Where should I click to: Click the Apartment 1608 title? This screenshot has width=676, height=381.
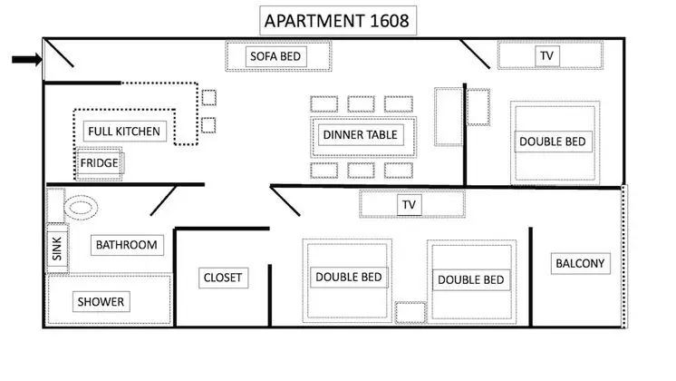coord(337,21)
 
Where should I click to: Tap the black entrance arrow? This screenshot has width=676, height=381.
coord(26,60)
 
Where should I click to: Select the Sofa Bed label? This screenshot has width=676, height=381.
coord(275,56)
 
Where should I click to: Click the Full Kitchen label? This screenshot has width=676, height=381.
coord(124,132)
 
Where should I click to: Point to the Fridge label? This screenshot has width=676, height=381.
coord(99,163)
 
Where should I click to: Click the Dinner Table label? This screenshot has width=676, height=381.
coord(361,134)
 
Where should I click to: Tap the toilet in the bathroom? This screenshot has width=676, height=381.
coord(81,208)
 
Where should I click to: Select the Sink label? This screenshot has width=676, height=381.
coord(57,249)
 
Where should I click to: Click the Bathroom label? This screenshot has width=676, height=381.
coord(127,245)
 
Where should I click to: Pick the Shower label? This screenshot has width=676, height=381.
coord(101,301)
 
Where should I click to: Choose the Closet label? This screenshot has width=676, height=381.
coord(223,278)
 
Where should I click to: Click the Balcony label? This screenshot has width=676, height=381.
coord(580,263)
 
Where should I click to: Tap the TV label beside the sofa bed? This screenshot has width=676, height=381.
coord(546,55)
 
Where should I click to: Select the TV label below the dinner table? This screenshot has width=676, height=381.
coord(409,204)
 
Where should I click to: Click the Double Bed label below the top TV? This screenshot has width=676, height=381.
coord(553,142)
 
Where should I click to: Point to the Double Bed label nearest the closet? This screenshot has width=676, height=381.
coord(349,277)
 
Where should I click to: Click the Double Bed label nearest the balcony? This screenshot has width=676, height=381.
coord(471,279)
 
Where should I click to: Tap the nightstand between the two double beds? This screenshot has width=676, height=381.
coord(410,312)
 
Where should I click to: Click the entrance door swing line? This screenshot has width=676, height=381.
coord(58,54)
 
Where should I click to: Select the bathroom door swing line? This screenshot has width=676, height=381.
coord(163,200)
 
